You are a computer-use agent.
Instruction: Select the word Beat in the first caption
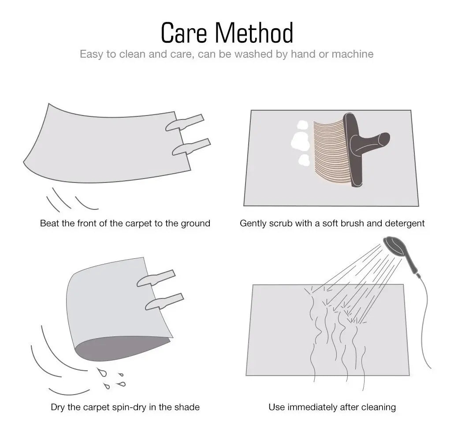[x=48, y=223]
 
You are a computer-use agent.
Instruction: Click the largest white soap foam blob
[x=300, y=141]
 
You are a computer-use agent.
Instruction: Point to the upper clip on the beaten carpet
[x=185, y=123]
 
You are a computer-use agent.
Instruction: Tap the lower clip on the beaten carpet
[x=191, y=147]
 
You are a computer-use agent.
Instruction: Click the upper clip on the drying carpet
[x=156, y=278]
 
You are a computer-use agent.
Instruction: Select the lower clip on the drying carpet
[x=164, y=302]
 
